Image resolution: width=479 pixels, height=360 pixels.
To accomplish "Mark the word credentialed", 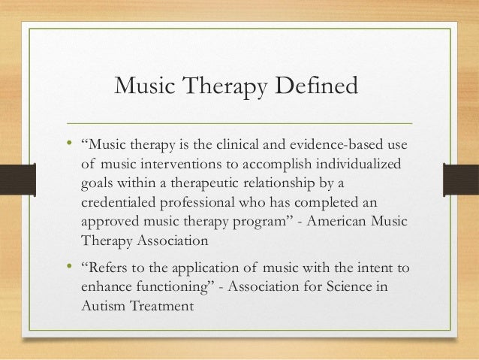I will coord(120,204).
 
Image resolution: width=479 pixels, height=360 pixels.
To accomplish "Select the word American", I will coord(338,223).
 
